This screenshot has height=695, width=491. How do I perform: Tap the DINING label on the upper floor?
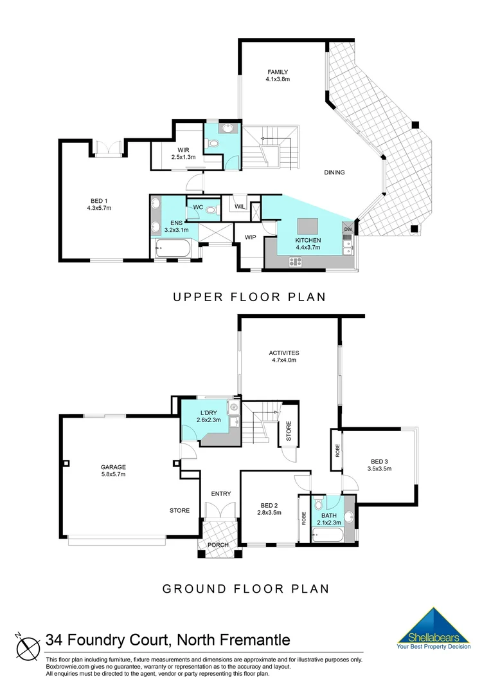click(x=334, y=172)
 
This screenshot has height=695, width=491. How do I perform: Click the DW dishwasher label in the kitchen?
click(x=348, y=230)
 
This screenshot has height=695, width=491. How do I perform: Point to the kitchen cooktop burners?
click(x=296, y=261)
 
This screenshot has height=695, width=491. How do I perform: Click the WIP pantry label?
click(x=250, y=237)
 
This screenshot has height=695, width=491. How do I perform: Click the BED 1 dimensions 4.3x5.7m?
click(x=99, y=208)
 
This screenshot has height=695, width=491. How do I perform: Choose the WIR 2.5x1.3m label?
click(x=183, y=157)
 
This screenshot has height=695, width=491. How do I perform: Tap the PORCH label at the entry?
click(x=217, y=545)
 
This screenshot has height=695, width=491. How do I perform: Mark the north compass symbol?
click(x=26, y=645)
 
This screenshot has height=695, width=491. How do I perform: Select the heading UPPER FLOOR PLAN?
click(x=248, y=297)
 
